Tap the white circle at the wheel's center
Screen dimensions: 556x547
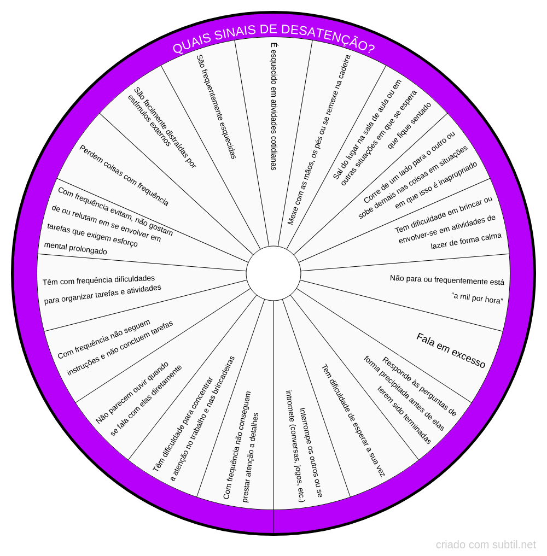273,273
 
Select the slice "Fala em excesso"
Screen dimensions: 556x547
451,350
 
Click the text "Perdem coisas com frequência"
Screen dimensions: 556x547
124,175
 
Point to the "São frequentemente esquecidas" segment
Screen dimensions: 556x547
217,107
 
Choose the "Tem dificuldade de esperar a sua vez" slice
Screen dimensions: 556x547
353,421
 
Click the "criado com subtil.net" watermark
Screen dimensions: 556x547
486,545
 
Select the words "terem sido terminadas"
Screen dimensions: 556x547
404,415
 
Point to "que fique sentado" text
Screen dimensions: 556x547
410,125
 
